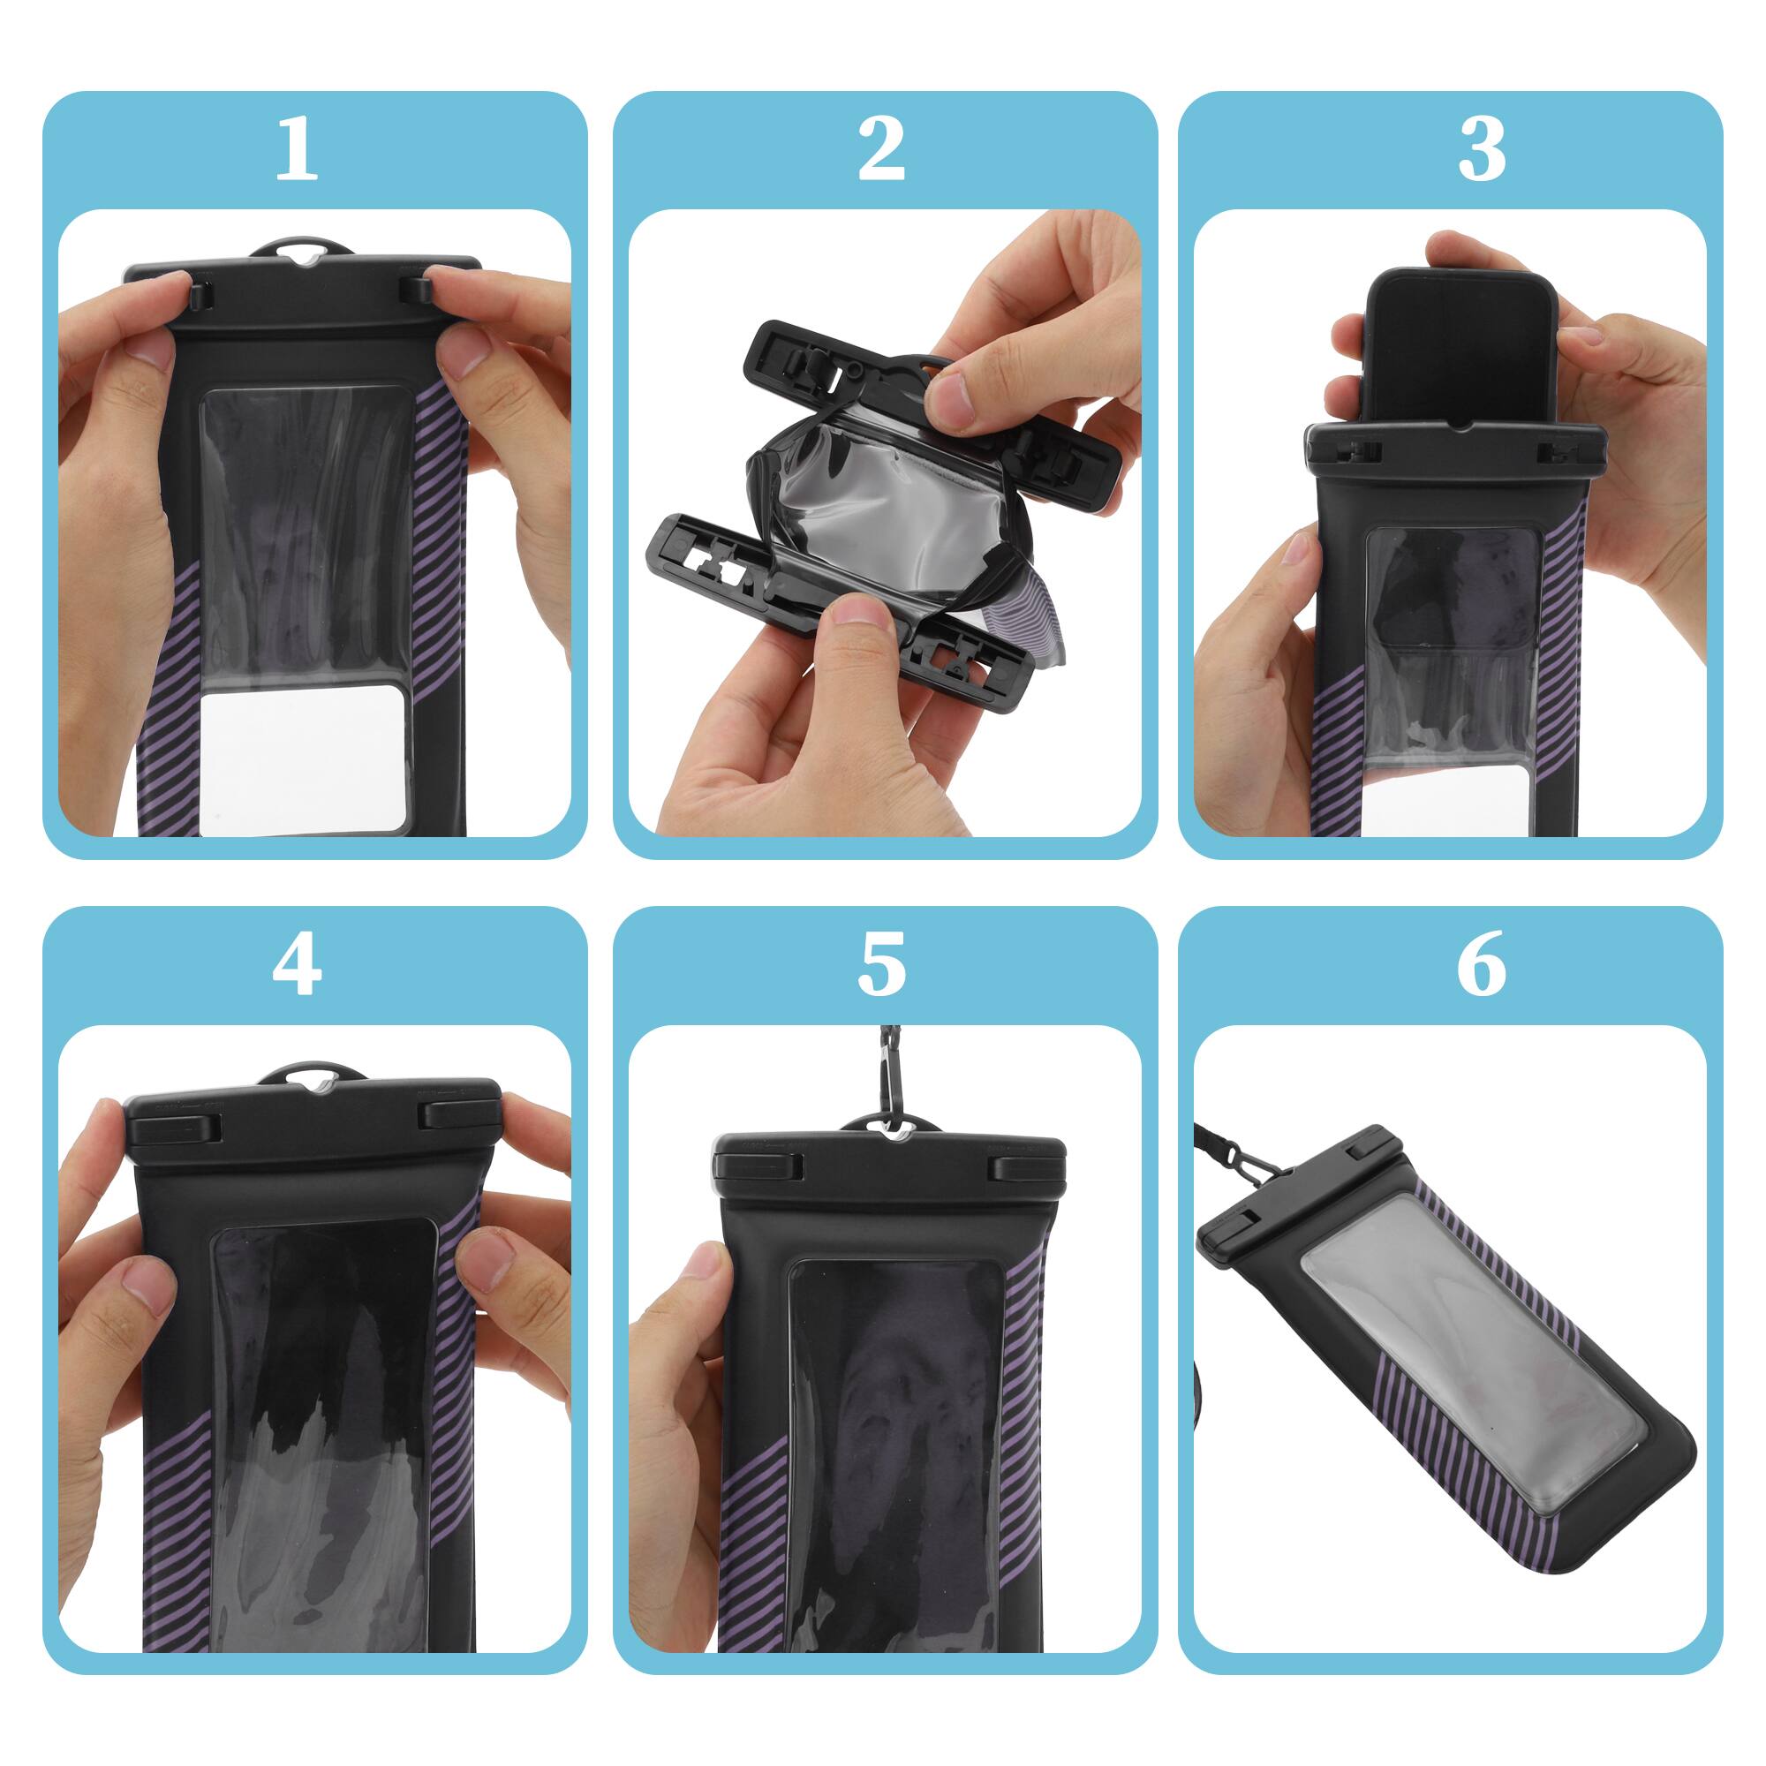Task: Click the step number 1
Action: pos(296,151)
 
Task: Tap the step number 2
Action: pos(881,151)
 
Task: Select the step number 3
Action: pos(1481,151)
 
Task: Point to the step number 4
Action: pos(296,966)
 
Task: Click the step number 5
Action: pos(881,966)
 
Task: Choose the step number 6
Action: pos(1481,966)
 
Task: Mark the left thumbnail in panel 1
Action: pos(147,344)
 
